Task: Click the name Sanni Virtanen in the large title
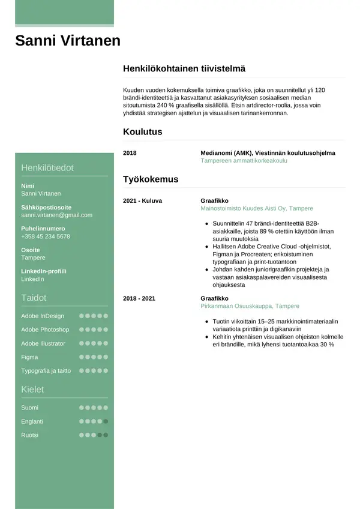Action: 68,41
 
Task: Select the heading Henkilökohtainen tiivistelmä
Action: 184,69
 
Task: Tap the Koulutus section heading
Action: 142,132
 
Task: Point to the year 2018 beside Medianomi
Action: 130,153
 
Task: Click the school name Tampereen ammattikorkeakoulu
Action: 240,161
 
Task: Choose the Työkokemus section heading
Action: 151,179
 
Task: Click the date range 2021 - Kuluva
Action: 142,200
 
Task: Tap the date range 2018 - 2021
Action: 139,298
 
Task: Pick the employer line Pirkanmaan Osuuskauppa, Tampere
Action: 250,306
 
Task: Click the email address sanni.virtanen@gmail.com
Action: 57,215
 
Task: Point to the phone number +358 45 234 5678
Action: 46,236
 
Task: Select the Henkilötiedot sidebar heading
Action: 47,168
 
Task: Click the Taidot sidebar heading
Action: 34,298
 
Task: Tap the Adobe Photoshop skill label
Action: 45,330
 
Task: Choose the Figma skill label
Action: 29,357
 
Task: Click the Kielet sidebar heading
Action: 32,390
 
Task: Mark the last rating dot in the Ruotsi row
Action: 106,435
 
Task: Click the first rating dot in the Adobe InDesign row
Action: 82,316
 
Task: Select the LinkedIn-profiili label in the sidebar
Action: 44,271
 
